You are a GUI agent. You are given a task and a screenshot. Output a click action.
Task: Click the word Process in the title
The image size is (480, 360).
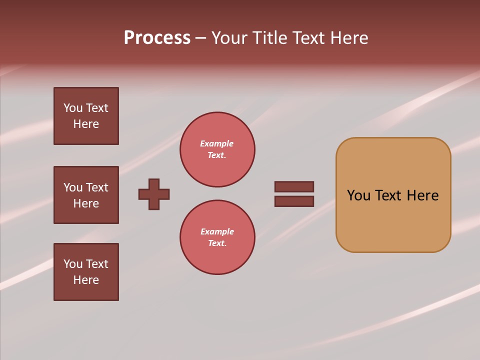click(157, 38)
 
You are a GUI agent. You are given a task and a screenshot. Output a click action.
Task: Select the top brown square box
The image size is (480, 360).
click(86, 116)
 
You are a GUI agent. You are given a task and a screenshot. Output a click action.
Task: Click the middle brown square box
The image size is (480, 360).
click(86, 195)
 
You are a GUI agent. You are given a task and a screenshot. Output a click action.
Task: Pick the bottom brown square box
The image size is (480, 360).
click(86, 271)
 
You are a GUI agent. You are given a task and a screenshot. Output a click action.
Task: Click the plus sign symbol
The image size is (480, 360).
click(154, 194)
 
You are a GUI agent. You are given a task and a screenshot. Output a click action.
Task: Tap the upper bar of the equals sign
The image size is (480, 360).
click(294, 186)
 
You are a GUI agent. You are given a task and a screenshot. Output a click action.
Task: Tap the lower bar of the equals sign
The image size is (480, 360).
click(294, 201)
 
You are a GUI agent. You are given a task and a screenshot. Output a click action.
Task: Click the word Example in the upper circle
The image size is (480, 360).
click(217, 143)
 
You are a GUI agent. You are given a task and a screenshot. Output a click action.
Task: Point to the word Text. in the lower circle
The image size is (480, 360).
click(217, 243)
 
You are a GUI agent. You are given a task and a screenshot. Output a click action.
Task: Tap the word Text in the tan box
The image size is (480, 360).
click(388, 195)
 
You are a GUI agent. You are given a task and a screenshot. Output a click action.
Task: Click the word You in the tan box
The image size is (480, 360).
click(358, 195)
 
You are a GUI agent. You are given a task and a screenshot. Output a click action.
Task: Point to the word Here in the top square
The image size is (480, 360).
click(86, 124)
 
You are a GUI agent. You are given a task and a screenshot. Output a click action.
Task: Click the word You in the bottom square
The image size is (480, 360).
click(73, 264)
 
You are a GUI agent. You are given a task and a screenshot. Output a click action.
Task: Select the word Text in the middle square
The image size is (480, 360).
click(96, 187)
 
